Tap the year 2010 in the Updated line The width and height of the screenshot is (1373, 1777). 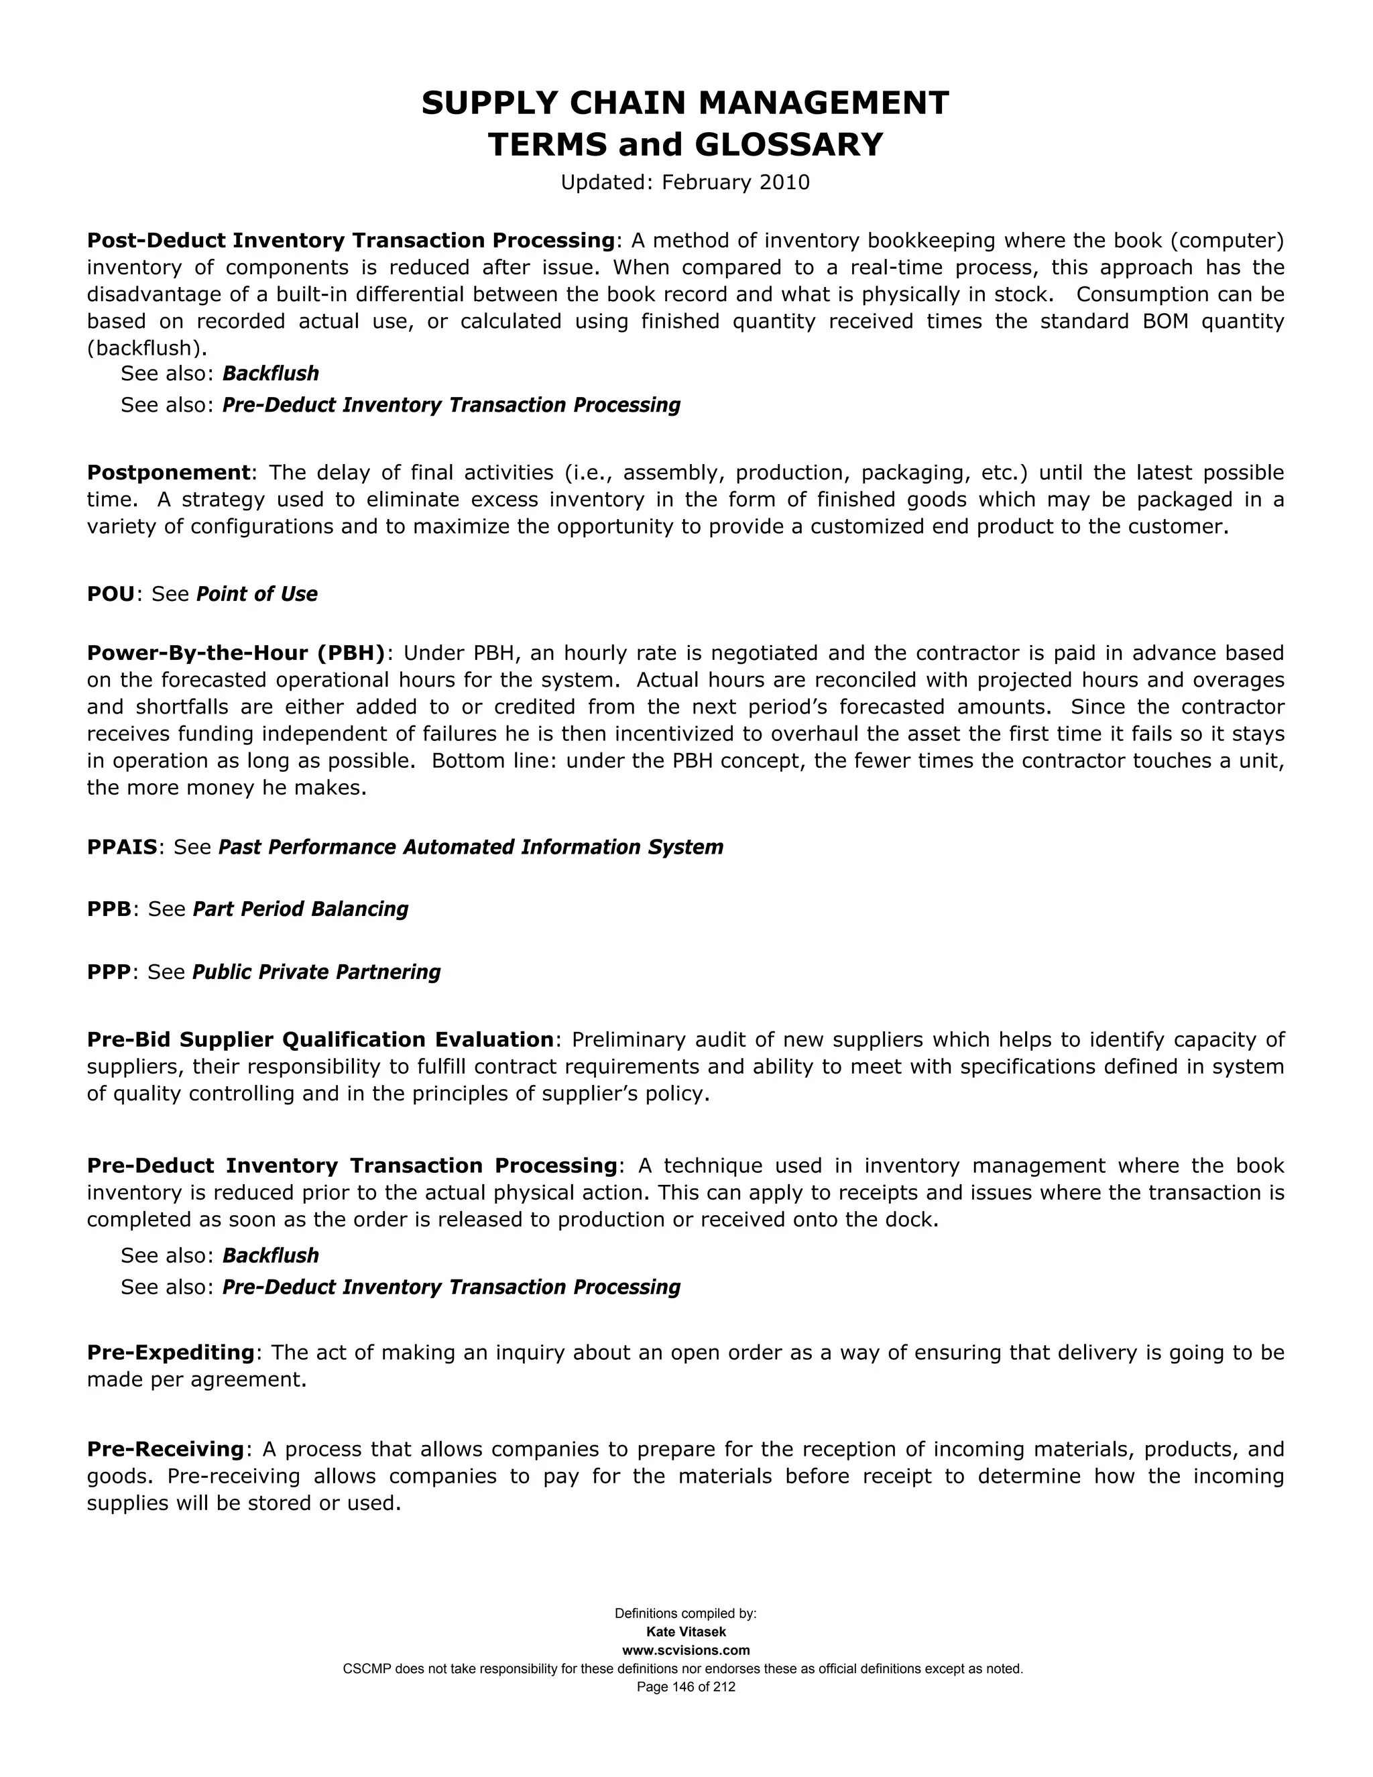point(784,182)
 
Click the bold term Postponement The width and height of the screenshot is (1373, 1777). point(168,473)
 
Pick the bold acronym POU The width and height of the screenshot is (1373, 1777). point(111,594)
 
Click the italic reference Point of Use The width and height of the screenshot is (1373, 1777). point(257,594)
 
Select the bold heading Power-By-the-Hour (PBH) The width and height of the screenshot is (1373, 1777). point(236,653)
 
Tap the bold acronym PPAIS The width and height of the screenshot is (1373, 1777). point(122,847)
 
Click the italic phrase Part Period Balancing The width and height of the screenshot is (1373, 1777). point(300,909)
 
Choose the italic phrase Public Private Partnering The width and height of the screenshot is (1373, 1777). point(316,972)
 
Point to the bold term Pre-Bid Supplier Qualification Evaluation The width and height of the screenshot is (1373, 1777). point(320,1040)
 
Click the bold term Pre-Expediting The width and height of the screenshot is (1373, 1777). point(171,1353)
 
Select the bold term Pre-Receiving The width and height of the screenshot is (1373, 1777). point(165,1449)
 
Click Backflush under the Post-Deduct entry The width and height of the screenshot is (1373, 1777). point(270,374)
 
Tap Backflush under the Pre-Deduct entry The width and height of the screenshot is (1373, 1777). point(270,1255)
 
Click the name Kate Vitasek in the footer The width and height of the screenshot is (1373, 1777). point(686,1632)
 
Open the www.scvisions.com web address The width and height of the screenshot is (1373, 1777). point(686,1650)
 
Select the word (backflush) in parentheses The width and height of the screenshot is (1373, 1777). point(146,348)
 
